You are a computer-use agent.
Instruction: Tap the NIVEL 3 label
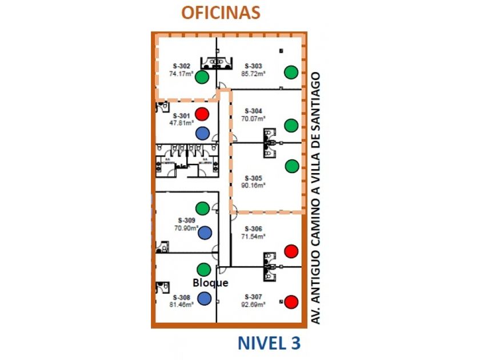pyautogui.click(x=269, y=343)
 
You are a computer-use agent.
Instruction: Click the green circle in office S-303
pyautogui.click(x=291, y=72)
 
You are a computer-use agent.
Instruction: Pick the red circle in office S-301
pyautogui.click(x=202, y=114)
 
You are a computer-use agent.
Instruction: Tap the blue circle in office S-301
pyautogui.click(x=202, y=133)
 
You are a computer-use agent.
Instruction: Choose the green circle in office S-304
pyautogui.click(x=291, y=125)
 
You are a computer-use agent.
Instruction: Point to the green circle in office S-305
pyautogui.click(x=291, y=166)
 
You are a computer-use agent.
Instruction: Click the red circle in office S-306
pyautogui.click(x=291, y=251)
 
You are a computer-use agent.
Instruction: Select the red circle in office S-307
pyautogui.click(x=291, y=301)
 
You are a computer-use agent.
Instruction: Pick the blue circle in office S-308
pyautogui.click(x=204, y=298)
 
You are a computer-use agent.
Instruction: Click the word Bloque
pyautogui.click(x=210, y=283)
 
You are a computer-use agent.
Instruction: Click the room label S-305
pyautogui.click(x=253, y=177)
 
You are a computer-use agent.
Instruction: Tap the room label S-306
pyautogui.click(x=253, y=229)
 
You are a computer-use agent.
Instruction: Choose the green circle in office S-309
pyautogui.click(x=202, y=209)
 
